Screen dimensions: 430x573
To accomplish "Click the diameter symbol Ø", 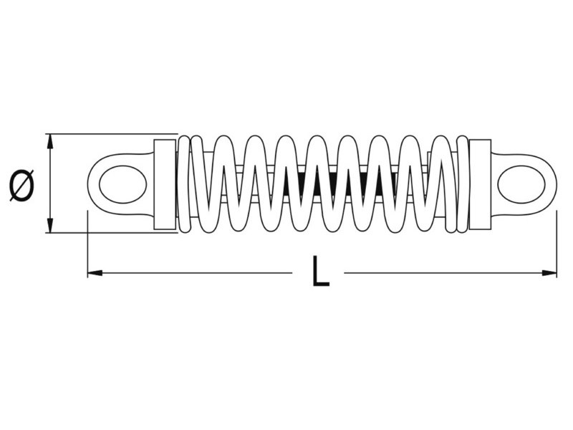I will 22,185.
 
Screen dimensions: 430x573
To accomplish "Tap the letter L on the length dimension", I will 320,272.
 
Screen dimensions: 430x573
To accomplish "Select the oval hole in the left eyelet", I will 122,184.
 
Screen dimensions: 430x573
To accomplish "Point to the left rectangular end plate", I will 165,184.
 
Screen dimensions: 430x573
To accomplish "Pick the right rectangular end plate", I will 480,184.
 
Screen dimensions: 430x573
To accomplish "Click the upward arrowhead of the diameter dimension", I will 50,140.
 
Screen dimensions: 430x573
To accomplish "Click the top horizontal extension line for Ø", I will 107,134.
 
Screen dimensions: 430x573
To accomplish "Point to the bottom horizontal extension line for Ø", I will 107,233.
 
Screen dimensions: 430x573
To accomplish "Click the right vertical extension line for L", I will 557,244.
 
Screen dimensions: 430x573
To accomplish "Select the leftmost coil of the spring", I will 184,184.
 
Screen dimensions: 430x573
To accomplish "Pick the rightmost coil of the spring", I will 462,184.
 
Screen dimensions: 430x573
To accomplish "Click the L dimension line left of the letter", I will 193,273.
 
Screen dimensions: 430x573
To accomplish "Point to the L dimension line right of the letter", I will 444,273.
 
